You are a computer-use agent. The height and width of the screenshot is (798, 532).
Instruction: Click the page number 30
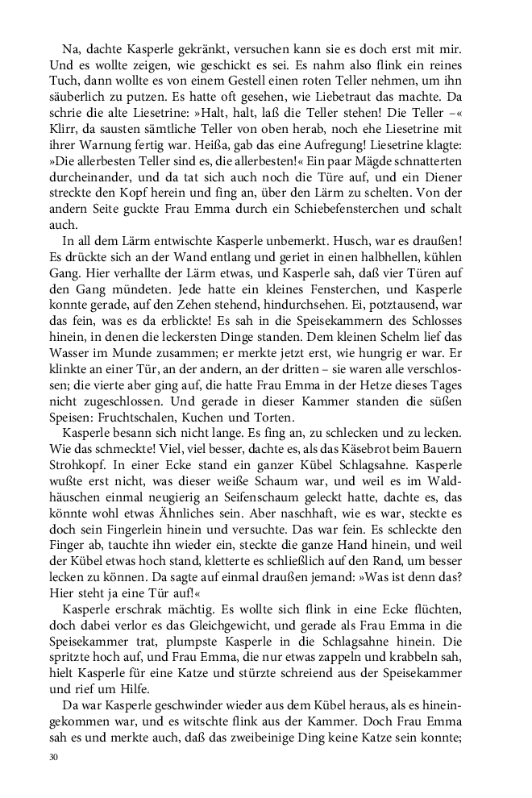(54, 758)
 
